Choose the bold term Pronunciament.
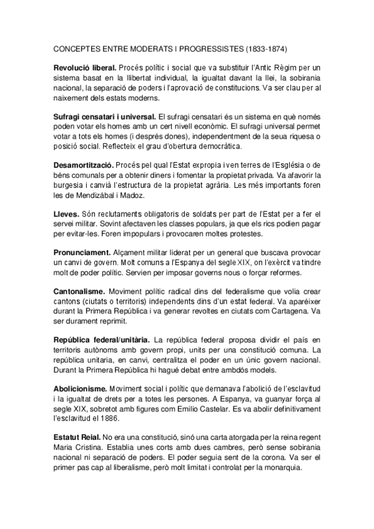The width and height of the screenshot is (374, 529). [x=81, y=251]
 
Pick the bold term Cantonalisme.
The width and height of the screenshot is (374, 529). [x=79, y=291]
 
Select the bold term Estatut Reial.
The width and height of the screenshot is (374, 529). [x=76, y=439]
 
